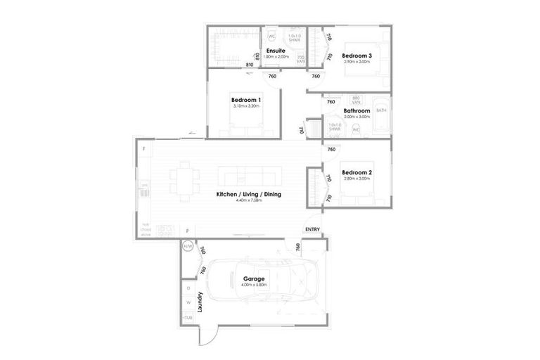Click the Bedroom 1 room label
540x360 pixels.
pos(246,101)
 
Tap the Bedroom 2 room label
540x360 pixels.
pos(356,172)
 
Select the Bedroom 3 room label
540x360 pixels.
pos(356,56)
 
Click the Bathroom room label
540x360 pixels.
pos(356,111)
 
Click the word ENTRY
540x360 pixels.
pos(312,230)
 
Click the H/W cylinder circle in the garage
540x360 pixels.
pos(188,247)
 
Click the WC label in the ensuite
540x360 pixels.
pos(271,36)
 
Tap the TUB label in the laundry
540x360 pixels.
pos(188,318)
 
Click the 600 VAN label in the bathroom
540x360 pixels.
pos(356,99)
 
